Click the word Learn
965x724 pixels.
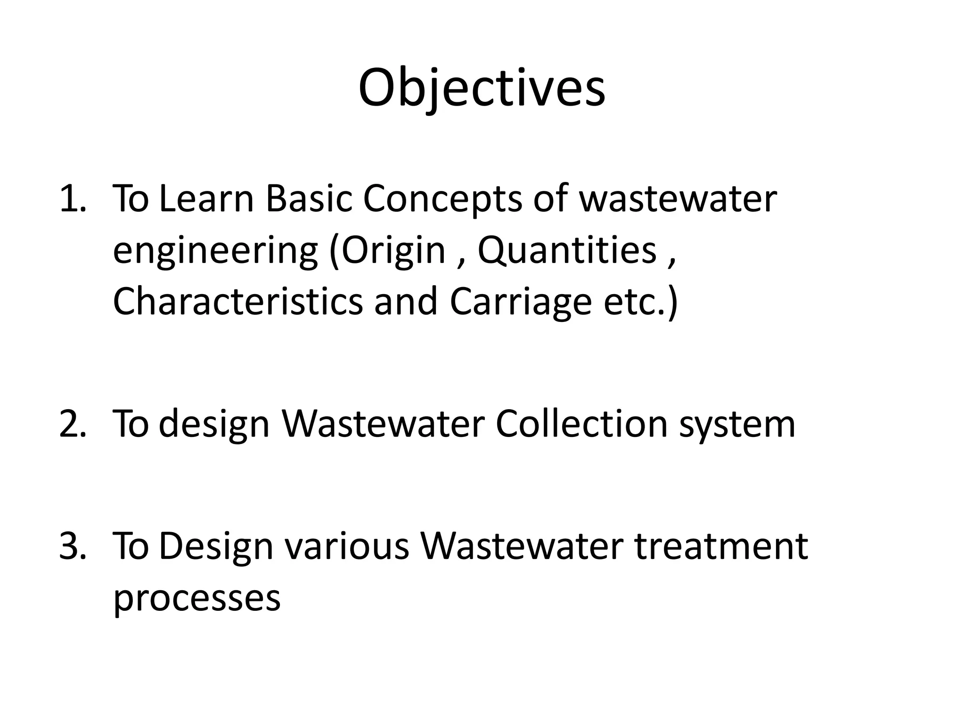(207, 198)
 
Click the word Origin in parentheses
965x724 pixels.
(393, 251)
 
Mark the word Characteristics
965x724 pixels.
(238, 301)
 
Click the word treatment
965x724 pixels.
(720, 546)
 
